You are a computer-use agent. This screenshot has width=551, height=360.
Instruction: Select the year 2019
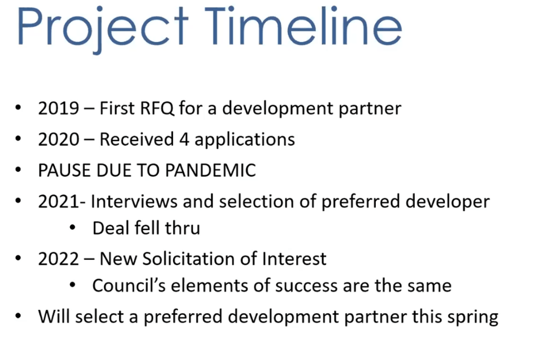[59, 108]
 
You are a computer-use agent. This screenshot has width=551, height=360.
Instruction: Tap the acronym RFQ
[157, 108]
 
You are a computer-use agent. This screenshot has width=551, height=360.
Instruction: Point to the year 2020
[59, 139]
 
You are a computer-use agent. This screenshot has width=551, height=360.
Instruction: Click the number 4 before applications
[184, 139]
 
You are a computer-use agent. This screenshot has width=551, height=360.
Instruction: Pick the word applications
[245, 140]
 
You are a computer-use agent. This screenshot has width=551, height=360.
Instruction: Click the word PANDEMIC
[210, 171]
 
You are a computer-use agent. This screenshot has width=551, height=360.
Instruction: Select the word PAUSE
[64, 171]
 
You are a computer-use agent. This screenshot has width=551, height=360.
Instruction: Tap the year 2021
[59, 201]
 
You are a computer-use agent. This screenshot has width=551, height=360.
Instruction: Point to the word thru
[183, 228]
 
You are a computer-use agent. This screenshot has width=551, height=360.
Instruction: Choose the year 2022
[59, 259]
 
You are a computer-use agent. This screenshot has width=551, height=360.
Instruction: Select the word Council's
[129, 285]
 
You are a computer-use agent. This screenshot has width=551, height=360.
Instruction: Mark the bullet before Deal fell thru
[73, 227]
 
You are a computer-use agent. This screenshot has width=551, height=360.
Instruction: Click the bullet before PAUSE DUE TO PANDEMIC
[18, 170]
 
